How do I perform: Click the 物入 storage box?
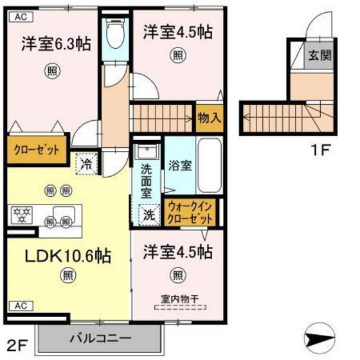pos(210,118)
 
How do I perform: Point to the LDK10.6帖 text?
pos(68,255)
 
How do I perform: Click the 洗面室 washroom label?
pos(147,181)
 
